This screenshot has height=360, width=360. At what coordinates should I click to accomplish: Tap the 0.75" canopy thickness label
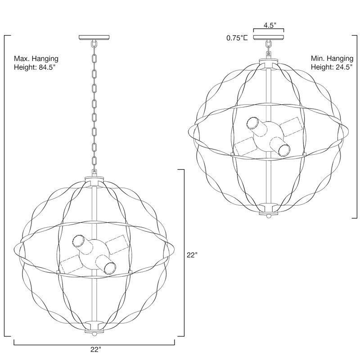pyautogui.click(x=235, y=38)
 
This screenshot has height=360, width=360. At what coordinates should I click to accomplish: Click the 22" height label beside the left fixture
pyautogui.click(x=192, y=255)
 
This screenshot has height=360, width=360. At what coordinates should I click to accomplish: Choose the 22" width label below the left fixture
pyautogui.click(x=95, y=350)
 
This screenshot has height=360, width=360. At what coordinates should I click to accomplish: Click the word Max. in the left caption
pyautogui.click(x=22, y=58)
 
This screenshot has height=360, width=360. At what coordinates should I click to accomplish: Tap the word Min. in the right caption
pyautogui.click(x=318, y=58)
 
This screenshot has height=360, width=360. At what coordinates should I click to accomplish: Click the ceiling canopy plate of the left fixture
pyautogui.click(x=94, y=37)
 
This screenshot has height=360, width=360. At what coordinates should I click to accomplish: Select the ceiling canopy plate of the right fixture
pyautogui.click(x=269, y=37)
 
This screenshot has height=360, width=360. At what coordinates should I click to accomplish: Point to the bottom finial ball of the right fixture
pyautogui.click(x=269, y=216)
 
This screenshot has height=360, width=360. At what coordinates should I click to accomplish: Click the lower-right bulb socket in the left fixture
pyautogui.click(x=106, y=265)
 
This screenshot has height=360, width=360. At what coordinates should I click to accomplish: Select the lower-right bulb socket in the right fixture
pyautogui.click(x=280, y=147)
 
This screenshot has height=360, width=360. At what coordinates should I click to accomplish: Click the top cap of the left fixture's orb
pyautogui.click(x=94, y=179)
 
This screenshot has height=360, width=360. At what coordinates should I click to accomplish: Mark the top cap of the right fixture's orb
pyautogui.click(x=269, y=62)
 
